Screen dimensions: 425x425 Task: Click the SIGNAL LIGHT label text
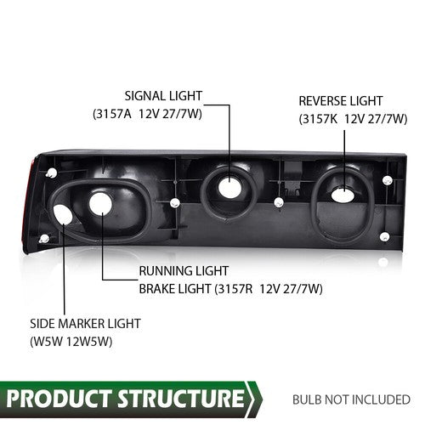click(163, 96)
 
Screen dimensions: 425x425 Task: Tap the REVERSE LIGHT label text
click(341, 101)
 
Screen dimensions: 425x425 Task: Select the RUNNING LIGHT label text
click(184, 271)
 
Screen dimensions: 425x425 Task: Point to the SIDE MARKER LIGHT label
click(85, 324)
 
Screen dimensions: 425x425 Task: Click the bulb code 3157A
click(112, 114)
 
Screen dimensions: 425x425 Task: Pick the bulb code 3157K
click(320, 119)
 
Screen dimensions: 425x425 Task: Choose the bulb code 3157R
click(235, 289)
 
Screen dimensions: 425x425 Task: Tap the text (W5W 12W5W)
click(71, 342)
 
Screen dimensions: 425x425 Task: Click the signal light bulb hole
click(229, 187)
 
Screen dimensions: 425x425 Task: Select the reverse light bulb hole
click(343, 195)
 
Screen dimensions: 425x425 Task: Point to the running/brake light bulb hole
click(100, 203)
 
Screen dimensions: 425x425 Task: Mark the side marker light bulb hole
click(63, 214)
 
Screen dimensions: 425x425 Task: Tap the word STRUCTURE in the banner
click(181, 399)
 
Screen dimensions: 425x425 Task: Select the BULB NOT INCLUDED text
click(351, 399)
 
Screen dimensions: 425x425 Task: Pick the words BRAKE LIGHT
click(175, 289)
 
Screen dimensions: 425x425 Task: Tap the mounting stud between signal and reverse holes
click(279, 203)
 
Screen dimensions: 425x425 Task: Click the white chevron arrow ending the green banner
click(254, 399)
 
